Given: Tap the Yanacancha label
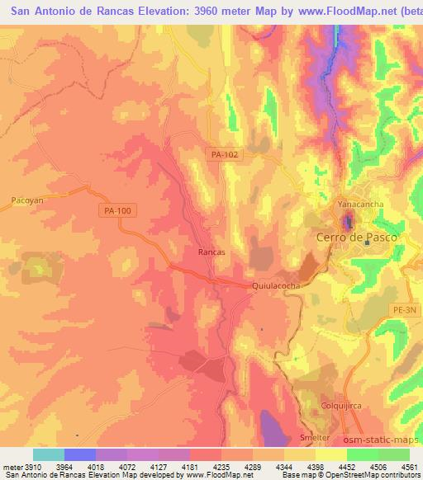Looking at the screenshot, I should tap(360, 202).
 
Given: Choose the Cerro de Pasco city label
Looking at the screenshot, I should tap(357, 237).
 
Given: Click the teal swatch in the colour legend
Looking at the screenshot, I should tap(48, 454).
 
